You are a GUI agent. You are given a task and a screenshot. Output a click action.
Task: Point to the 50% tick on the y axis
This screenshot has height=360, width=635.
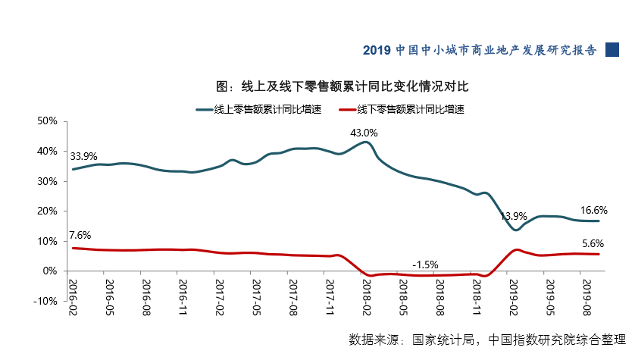tap(47, 121)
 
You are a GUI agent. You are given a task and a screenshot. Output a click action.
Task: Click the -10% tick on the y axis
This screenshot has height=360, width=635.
tap(45, 301)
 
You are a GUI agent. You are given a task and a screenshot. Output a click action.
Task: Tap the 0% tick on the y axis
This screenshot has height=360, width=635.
tap(50, 271)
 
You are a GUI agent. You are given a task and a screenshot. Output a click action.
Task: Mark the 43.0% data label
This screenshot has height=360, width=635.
tap(364, 133)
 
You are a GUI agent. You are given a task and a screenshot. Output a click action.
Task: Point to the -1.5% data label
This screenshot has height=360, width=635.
tap(425, 265)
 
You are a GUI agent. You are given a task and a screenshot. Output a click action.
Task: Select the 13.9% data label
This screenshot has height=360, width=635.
tap(515, 217)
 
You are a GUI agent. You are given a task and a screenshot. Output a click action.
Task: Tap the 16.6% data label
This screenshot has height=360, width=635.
tap(594, 210)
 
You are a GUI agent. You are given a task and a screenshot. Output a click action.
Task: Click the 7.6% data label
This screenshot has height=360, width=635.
tap(80, 235)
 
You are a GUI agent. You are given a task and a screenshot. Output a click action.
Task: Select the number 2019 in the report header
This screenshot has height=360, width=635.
tap(377, 50)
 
